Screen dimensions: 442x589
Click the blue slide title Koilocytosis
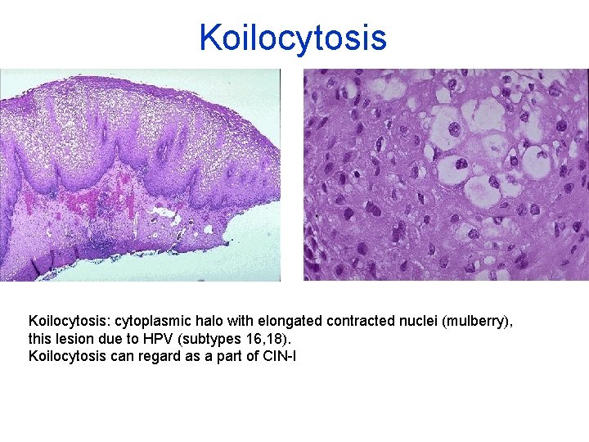tap(293, 38)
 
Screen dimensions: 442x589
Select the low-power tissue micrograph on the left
tap(140, 174)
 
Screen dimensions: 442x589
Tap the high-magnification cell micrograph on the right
tap(446, 174)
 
